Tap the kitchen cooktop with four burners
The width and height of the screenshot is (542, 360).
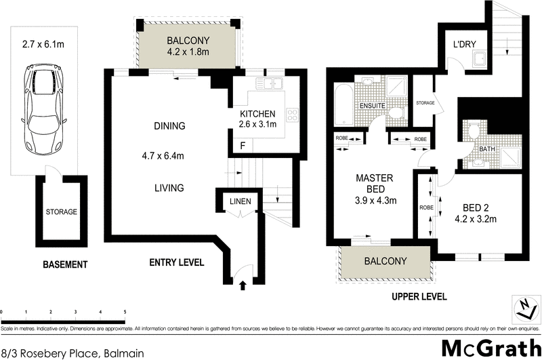click(x=293, y=115)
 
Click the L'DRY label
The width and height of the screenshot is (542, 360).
click(x=465, y=45)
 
